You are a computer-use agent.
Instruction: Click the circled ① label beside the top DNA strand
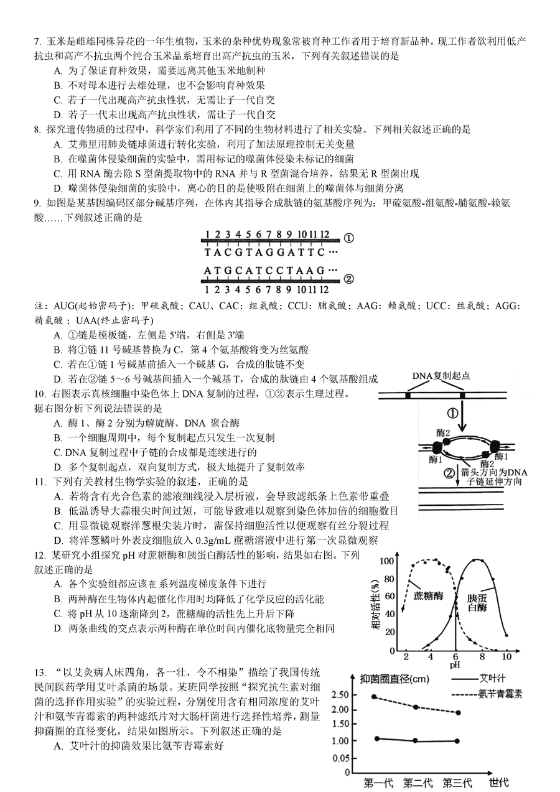(x=348, y=238)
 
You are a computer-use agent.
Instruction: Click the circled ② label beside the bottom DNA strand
(x=348, y=279)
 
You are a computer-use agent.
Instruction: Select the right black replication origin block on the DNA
(x=462, y=395)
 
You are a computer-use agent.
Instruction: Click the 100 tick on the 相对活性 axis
(x=387, y=561)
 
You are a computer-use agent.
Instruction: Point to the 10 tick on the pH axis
(x=506, y=656)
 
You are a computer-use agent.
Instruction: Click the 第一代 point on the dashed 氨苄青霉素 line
(x=374, y=696)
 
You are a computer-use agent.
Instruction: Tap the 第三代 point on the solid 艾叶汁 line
(x=457, y=740)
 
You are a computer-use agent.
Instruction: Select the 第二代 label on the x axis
(x=418, y=783)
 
